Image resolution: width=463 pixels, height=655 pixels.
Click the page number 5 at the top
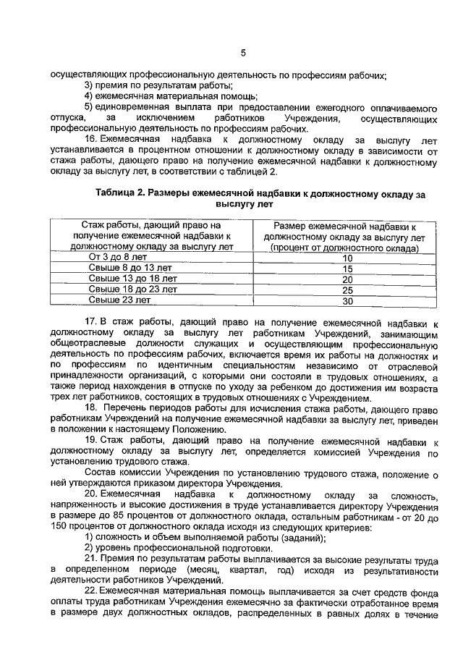click(x=243, y=51)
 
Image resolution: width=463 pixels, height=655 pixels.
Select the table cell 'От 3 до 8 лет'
click(x=117, y=256)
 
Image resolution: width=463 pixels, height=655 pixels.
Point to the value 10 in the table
click(x=347, y=258)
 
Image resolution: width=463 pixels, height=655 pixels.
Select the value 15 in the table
click(x=347, y=269)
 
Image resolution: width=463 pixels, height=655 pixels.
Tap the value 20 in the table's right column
click(x=347, y=279)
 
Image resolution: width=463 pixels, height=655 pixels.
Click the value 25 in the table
click(x=347, y=290)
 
